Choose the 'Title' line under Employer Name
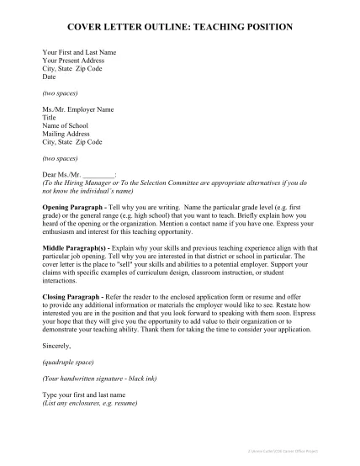click(x=50, y=118)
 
